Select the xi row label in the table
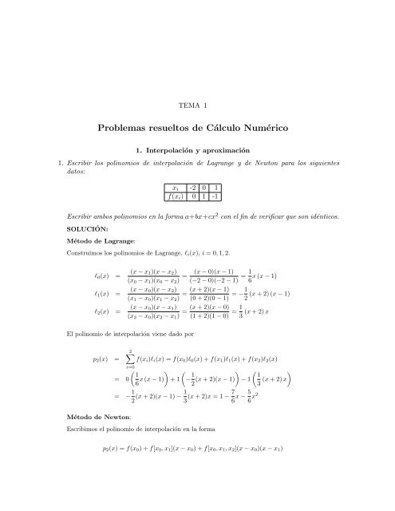coord(175,187)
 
